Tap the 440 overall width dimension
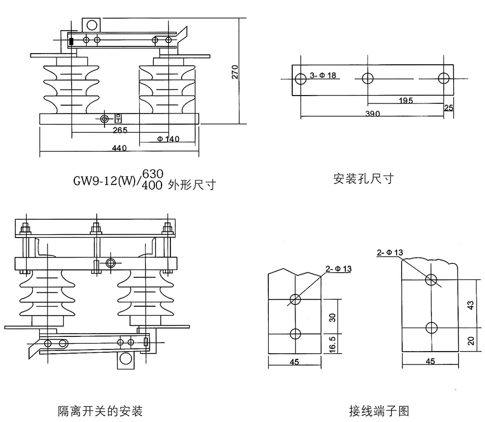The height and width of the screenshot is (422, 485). (119, 148)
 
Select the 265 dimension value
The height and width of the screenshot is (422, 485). (120, 130)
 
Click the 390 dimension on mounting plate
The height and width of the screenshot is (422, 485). (372, 114)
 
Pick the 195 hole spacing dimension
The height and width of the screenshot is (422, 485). (406, 101)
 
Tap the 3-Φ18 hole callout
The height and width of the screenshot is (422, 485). (324, 75)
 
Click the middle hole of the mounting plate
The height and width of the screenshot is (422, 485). (368, 78)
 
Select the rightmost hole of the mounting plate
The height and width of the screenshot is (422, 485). (443, 78)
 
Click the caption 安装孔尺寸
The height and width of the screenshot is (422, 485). (363, 179)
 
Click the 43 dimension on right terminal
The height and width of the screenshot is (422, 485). (470, 305)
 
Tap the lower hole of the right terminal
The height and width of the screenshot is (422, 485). (430, 327)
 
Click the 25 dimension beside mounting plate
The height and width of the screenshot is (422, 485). (448, 108)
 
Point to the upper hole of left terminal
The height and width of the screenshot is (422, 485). (296, 299)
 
